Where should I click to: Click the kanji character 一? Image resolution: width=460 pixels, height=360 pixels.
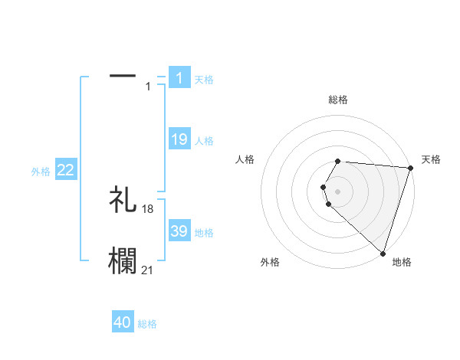[x=123, y=76]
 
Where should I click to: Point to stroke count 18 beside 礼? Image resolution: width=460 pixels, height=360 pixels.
[x=148, y=209]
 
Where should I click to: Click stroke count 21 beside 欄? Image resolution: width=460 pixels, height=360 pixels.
[x=148, y=270]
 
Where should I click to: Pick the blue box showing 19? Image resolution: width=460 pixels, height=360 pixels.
[x=179, y=139]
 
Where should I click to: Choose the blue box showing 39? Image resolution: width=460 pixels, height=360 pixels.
[x=179, y=231]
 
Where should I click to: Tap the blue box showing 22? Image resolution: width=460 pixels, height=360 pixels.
[x=66, y=171]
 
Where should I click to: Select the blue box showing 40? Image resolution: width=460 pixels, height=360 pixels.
[x=123, y=322]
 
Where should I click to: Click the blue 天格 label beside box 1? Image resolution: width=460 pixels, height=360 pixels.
[x=204, y=79]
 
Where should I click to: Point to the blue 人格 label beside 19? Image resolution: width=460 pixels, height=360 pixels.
[x=204, y=141]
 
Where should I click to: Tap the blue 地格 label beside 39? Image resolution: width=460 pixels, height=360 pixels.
[x=204, y=233]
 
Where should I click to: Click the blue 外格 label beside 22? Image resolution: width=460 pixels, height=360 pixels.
[x=41, y=172]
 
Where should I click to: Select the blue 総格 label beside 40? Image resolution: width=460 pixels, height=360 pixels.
[x=147, y=324]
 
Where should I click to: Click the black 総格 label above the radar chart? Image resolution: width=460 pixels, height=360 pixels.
[x=338, y=100]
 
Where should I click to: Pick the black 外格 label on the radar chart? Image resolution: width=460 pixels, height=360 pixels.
[x=270, y=262]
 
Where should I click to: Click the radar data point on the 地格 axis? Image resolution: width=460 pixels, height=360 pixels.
[x=383, y=253]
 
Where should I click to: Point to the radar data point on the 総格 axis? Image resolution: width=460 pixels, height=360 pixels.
[x=338, y=161]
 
